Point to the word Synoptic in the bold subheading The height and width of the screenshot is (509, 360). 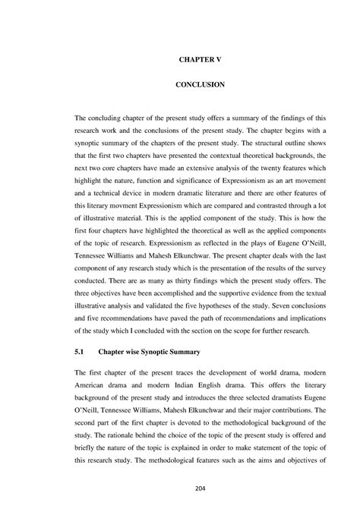point(169,352)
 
